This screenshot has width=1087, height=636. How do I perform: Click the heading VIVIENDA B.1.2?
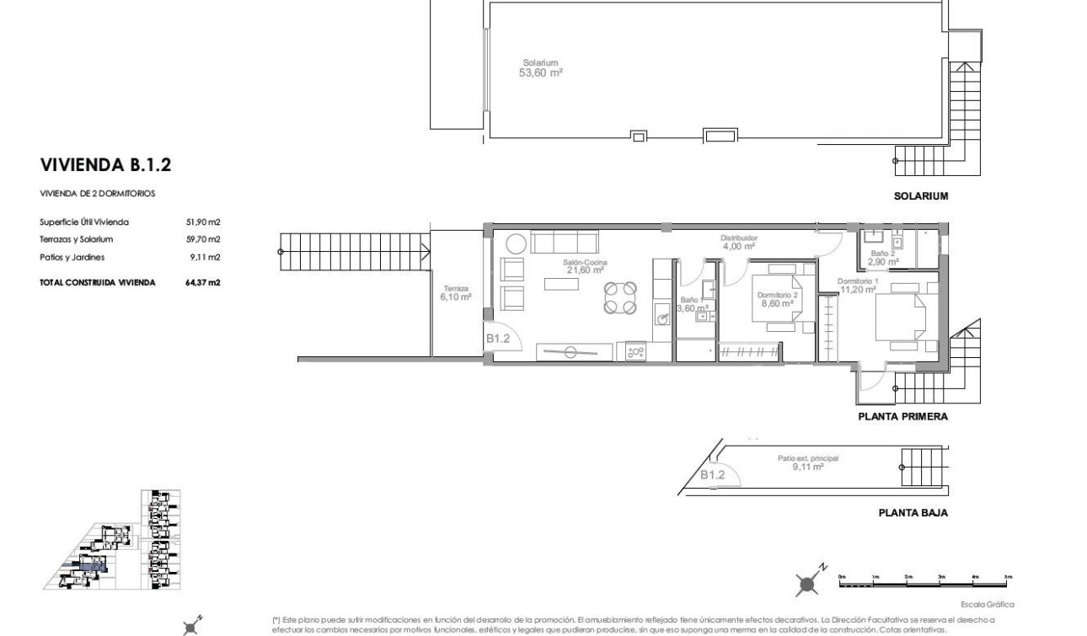pos(106,163)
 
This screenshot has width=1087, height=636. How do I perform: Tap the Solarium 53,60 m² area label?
pos(540,67)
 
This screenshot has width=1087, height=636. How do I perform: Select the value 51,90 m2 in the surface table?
pos(203,222)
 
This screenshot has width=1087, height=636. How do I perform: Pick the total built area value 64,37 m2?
pos(203,282)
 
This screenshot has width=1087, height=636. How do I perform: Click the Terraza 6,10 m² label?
pos(455,292)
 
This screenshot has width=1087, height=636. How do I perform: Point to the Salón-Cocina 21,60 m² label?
pos(586,265)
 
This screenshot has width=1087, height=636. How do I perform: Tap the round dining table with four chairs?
pos(619,297)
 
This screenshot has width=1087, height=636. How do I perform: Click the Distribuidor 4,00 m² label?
pos(738,243)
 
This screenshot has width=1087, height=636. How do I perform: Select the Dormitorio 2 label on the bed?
pos(778,299)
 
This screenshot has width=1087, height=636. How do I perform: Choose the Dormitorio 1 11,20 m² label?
pos(859,285)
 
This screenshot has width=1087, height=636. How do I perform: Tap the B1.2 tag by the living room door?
pos(498,339)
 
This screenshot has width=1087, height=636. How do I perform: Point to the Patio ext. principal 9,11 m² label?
pos(807,462)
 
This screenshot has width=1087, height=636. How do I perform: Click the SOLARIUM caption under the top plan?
pos(922,196)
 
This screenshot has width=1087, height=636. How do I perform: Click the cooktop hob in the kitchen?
pos(635,351)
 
